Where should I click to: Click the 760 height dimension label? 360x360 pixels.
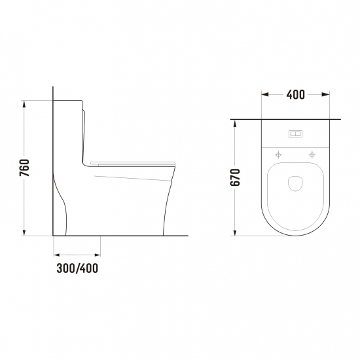click(24, 168)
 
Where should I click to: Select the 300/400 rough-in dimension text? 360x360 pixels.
click(77, 268)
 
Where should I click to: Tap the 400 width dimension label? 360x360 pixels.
click(295, 95)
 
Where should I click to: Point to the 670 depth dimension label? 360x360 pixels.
click(235, 177)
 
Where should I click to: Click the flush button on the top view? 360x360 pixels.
click(295, 134)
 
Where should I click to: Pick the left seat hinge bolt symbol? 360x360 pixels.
click(278, 155)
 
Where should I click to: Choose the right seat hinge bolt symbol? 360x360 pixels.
click(312, 154)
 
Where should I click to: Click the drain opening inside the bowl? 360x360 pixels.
click(295, 184)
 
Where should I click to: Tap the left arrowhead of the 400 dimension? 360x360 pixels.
click(265, 94)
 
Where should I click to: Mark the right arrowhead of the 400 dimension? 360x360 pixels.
click(326, 94)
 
